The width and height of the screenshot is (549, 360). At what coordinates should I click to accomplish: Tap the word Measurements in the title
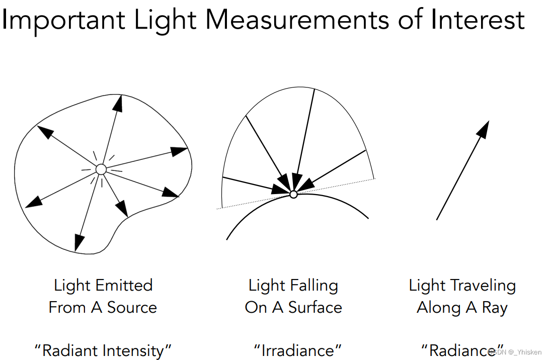coord(297,20)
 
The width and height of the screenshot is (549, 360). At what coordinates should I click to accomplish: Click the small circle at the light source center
coord(101,170)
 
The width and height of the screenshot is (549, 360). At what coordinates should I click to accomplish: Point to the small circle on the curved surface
coord(294,194)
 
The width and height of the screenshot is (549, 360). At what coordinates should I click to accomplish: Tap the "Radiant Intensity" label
coord(103,350)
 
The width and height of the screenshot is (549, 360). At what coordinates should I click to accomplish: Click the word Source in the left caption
coord(132,308)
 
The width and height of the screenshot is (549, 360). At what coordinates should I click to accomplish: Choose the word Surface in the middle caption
coord(315,308)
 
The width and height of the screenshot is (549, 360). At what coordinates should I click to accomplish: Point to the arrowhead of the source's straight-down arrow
coord(77,243)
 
